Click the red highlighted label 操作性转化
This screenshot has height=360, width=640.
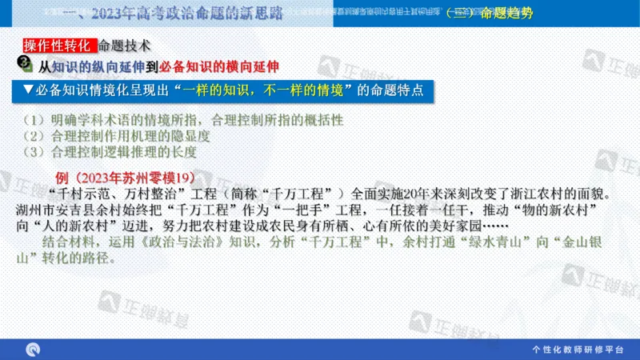[58, 46]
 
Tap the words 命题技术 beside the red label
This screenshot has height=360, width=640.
[123, 46]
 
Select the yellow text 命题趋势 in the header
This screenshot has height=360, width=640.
[505, 14]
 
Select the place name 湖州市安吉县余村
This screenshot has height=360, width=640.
[87, 210]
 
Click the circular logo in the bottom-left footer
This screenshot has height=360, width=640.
[34, 349]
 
